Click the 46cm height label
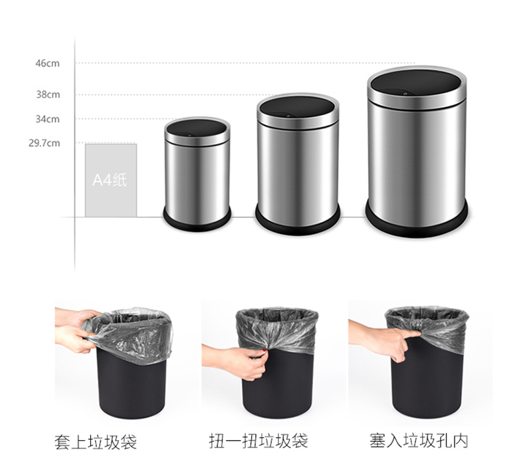tap(48, 63)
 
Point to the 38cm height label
tap(48, 94)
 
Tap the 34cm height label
tap(48, 119)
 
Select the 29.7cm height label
tap(45, 143)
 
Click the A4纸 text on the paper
tap(110, 180)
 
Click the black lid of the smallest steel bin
tap(197, 129)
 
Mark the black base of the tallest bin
tap(416, 221)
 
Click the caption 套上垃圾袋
tap(96, 441)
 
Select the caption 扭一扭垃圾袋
tap(259, 441)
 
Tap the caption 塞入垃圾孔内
tap(419, 441)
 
